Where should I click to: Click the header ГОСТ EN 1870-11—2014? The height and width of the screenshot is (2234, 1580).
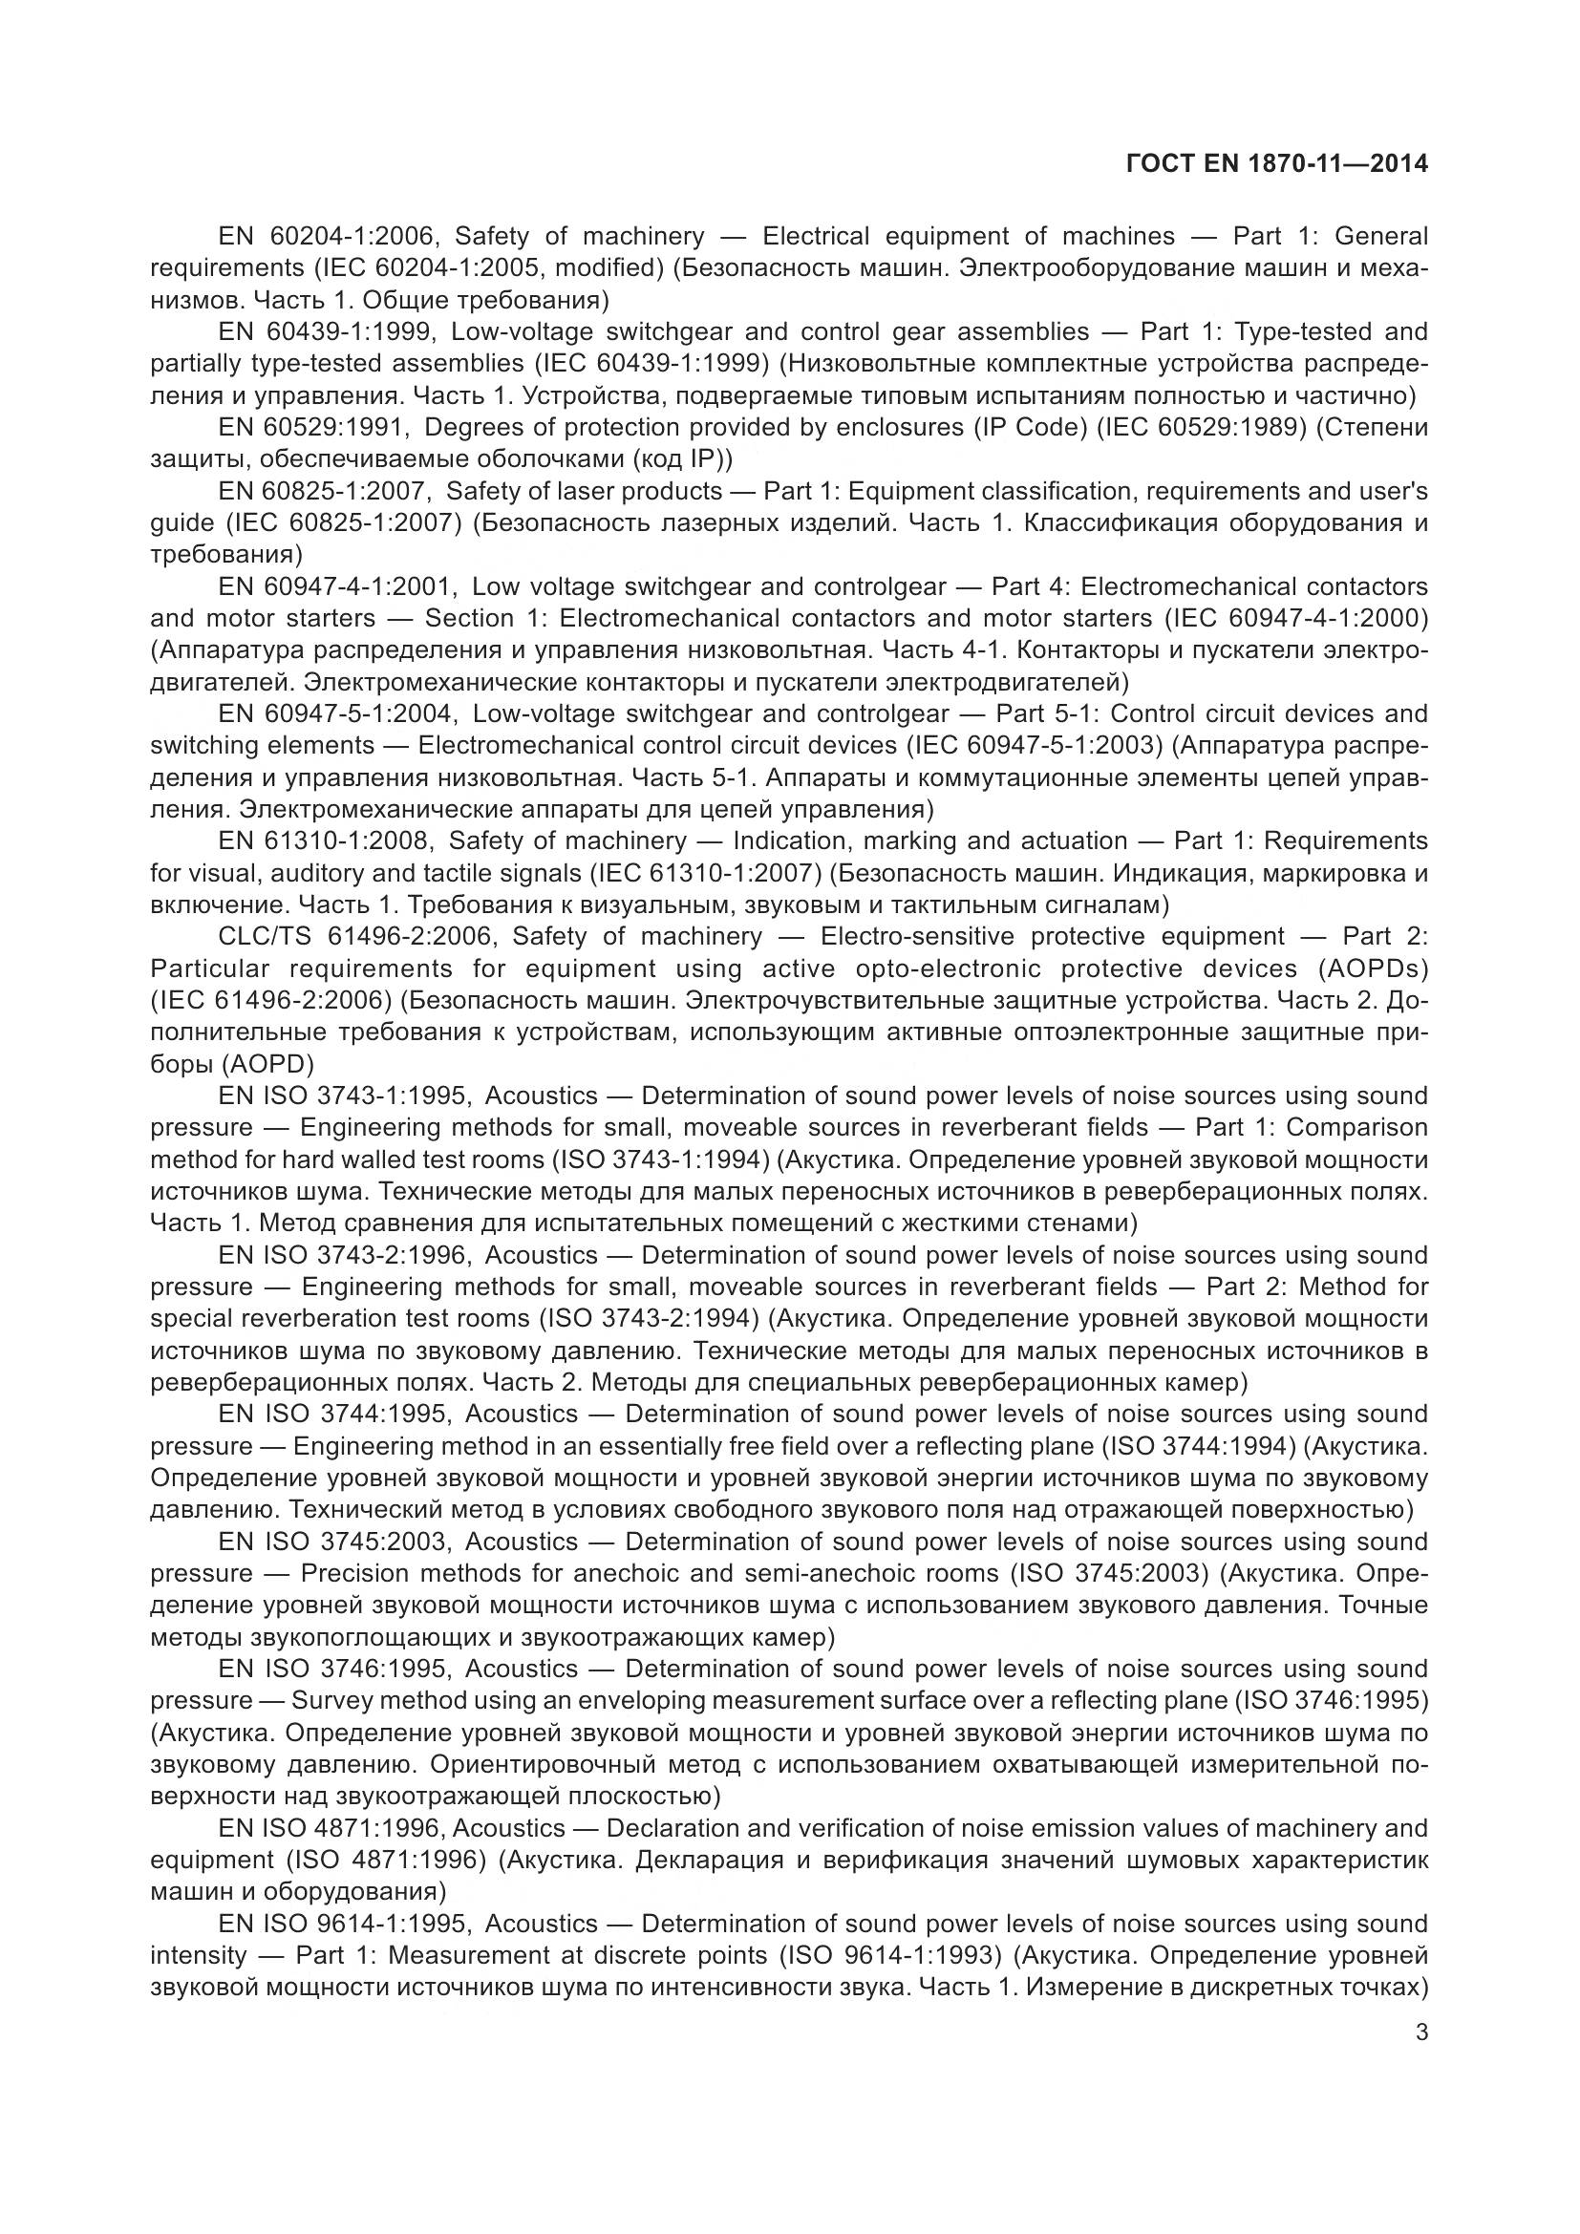click(x=1276, y=164)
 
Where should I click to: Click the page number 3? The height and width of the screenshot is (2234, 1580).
click(x=1421, y=2032)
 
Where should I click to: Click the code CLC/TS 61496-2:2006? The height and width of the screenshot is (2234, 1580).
click(x=358, y=936)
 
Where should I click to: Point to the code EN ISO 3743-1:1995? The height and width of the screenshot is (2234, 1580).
click(x=346, y=1096)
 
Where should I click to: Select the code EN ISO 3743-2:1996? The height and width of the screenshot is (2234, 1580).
click(x=346, y=1255)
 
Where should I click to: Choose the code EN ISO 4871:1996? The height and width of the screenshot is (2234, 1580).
click(x=330, y=1828)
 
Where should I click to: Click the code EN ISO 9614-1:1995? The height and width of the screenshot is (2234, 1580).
click(x=346, y=1924)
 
